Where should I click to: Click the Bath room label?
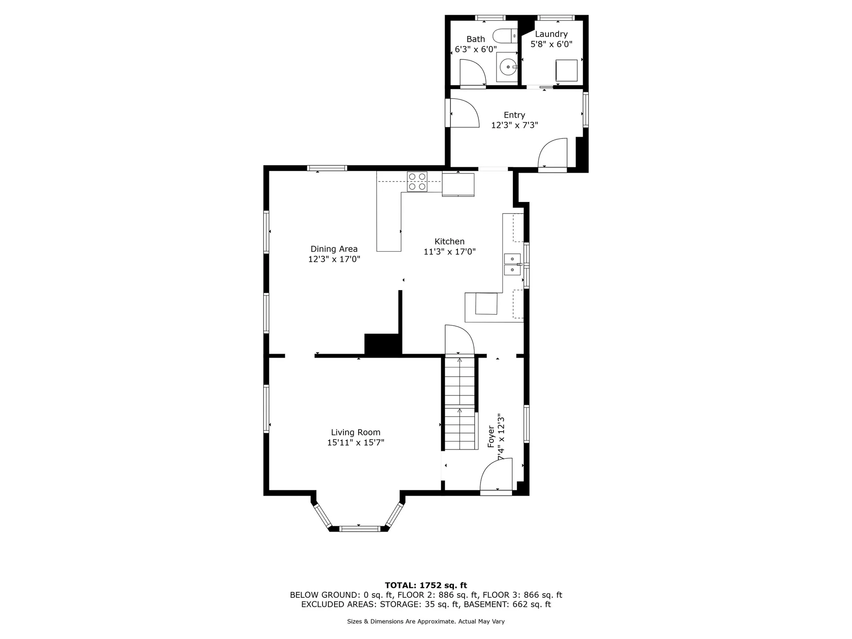click(x=475, y=39)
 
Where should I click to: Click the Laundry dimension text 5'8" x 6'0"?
click(x=552, y=44)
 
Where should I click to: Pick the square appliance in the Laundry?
click(x=567, y=71)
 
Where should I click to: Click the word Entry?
click(x=514, y=115)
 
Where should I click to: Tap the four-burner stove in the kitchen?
click(x=417, y=181)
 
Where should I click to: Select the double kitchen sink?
click(x=512, y=264)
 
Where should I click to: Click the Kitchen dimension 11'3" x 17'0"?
click(x=450, y=252)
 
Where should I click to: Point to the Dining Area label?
click(x=334, y=249)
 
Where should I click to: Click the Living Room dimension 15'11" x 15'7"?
click(x=355, y=442)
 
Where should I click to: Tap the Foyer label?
click(x=491, y=437)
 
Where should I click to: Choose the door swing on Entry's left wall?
click(x=464, y=114)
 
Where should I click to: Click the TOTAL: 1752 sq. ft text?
click(x=426, y=585)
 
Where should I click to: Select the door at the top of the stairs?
click(x=459, y=340)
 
